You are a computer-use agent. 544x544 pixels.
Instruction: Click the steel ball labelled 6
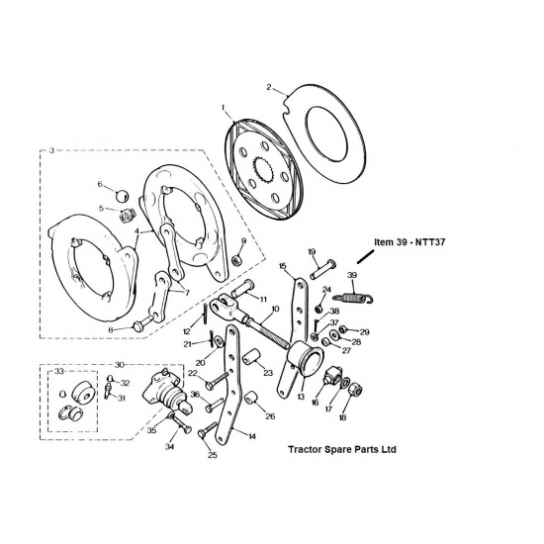122,195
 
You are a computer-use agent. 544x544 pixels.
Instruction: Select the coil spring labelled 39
353,298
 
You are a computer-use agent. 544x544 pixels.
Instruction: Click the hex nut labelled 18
355,390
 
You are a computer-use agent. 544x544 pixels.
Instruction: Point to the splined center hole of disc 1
264,170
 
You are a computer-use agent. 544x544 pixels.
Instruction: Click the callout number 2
269,86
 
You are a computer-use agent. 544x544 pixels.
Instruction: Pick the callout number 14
252,436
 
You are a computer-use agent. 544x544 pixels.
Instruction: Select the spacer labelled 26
252,397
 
